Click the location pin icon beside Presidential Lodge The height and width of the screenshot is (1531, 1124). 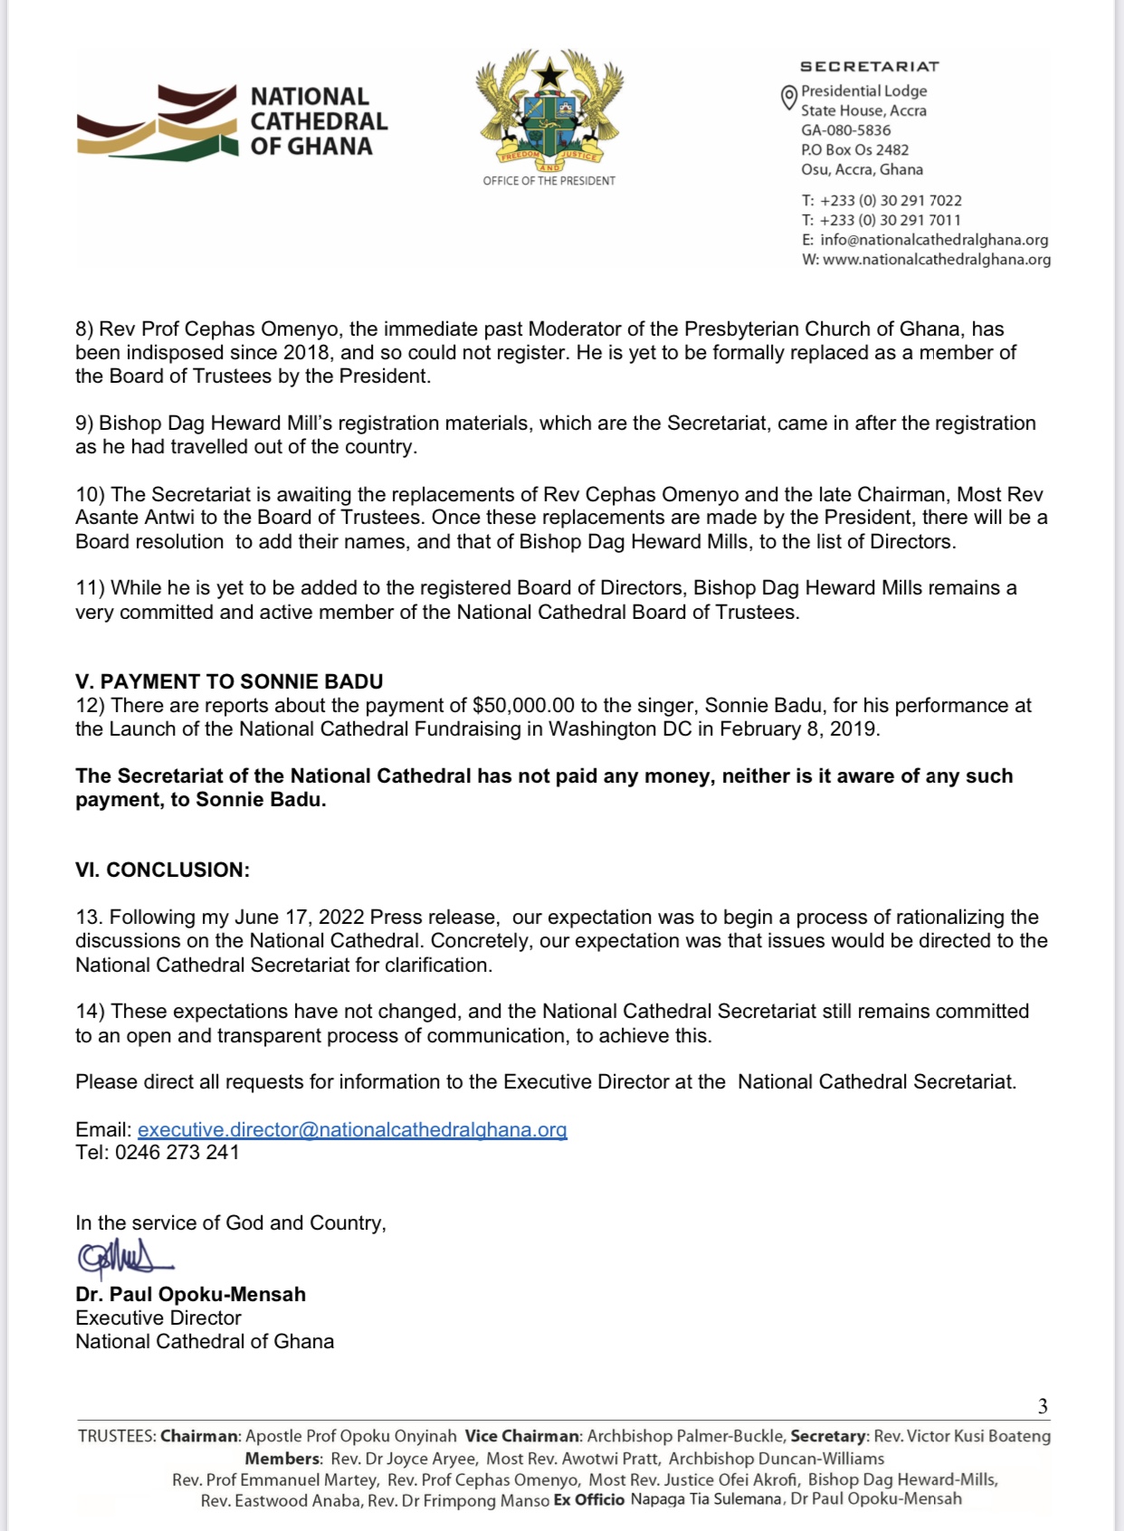(788, 98)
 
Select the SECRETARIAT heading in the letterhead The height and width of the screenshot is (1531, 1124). (870, 66)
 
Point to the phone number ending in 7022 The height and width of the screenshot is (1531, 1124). (891, 200)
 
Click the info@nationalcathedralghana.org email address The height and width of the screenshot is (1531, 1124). (934, 240)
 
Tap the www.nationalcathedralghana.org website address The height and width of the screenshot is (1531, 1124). (937, 260)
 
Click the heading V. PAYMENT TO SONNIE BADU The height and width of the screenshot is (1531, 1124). (229, 681)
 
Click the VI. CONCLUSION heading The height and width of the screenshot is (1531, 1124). (163, 870)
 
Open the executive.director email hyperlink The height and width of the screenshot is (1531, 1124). (352, 1129)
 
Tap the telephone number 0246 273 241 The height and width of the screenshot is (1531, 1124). (177, 1153)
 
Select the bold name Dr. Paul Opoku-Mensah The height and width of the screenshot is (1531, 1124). (191, 1294)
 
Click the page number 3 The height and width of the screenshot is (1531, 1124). (1043, 1406)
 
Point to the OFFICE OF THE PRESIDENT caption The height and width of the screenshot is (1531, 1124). (549, 181)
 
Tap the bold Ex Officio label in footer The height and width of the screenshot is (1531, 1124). (589, 1499)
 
